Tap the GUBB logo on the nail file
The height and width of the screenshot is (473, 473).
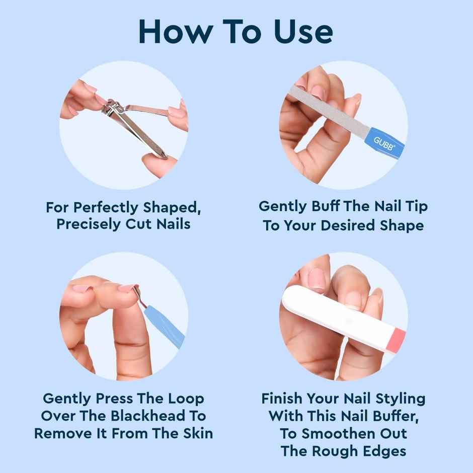tap(384, 142)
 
